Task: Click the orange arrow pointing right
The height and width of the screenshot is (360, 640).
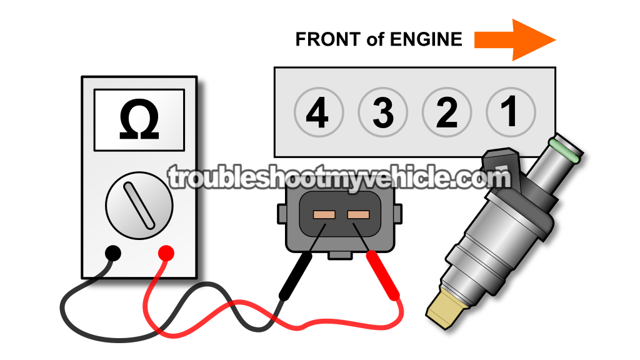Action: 515,40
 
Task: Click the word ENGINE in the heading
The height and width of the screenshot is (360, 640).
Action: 426,39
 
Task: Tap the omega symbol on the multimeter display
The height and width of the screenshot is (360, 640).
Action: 139,120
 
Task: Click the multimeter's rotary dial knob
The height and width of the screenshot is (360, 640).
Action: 139,205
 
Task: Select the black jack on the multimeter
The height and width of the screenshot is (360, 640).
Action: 113,254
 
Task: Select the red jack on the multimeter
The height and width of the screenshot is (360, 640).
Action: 166,254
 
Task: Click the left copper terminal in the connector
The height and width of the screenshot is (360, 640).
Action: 324,215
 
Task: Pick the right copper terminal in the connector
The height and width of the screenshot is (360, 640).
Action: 358,215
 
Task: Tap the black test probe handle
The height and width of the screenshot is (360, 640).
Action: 296,277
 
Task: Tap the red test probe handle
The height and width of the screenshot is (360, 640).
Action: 383,276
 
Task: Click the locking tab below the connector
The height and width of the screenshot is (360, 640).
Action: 340,255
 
